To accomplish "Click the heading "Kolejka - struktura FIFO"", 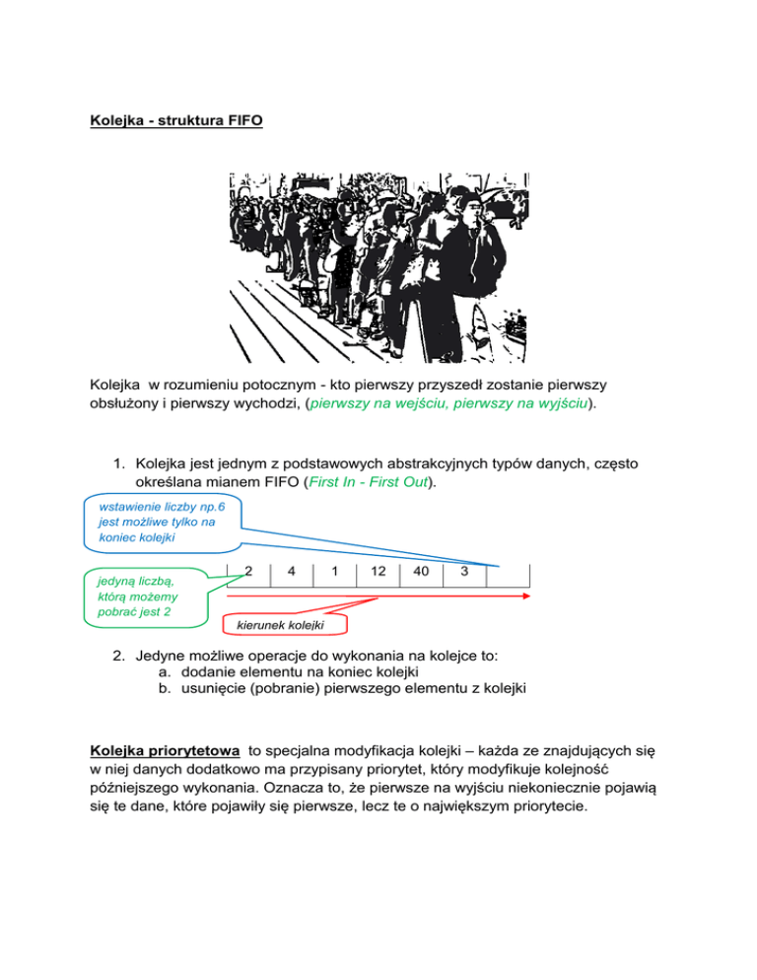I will (176, 126).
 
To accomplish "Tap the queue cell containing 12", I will (378, 572).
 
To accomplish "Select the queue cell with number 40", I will (421, 572).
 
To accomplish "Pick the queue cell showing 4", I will (292, 572).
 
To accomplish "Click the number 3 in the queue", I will (464, 572).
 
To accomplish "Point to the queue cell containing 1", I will (335, 572).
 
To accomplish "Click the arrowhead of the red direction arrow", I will (526, 596).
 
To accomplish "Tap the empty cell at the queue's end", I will (509, 574).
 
